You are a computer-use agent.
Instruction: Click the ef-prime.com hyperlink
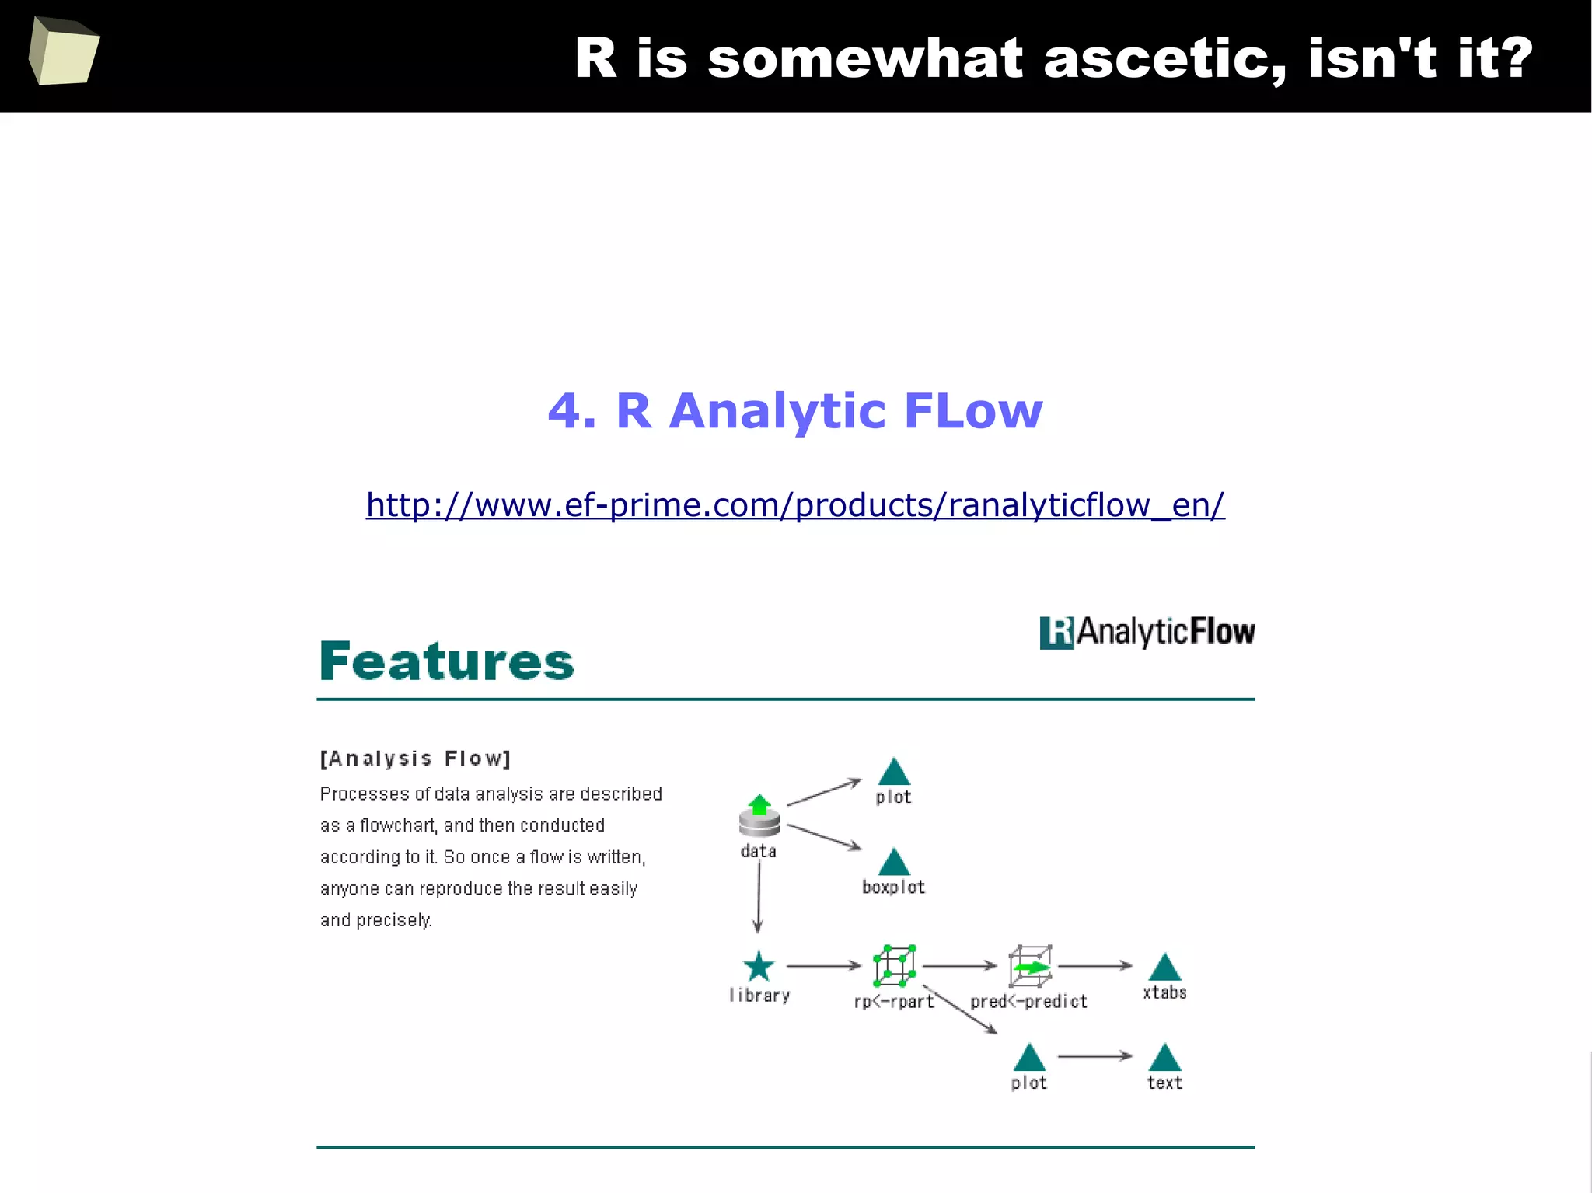pyautogui.click(x=794, y=505)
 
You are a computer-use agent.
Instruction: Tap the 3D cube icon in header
pyautogui.click(x=64, y=51)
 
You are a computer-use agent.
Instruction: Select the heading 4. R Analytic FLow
pyautogui.click(x=794, y=410)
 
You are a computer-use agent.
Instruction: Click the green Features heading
pyautogui.click(x=447, y=661)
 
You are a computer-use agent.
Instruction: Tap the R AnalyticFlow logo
pyautogui.click(x=1147, y=632)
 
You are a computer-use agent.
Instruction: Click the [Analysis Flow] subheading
pyautogui.click(x=415, y=759)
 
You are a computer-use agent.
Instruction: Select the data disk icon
pyautogui.click(x=759, y=816)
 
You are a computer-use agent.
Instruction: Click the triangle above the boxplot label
pyautogui.click(x=894, y=862)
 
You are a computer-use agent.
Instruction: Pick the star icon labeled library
pyautogui.click(x=759, y=967)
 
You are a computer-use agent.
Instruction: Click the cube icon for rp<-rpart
pyautogui.click(x=894, y=966)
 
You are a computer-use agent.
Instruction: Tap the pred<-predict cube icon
pyautogui.click(x=1030, y=966)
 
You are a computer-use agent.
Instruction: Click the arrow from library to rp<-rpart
pyautogui.click(x=824, y=966)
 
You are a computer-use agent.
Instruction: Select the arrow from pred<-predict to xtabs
pyautogui.click(x=1094, y=966)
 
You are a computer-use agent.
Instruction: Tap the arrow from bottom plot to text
pyautogui.click(x=1094, y=1056)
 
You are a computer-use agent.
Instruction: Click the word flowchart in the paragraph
pyautogui.click(x=396, y=825)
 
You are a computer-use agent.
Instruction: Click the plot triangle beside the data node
pyautogui.click(x=894, y=772)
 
